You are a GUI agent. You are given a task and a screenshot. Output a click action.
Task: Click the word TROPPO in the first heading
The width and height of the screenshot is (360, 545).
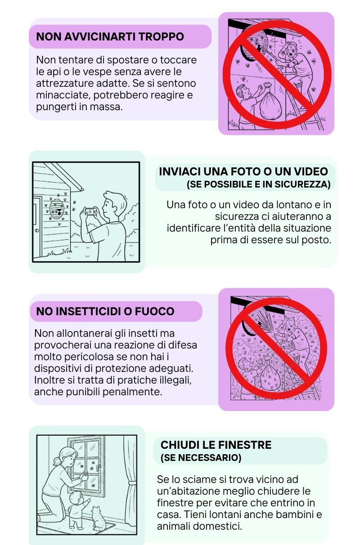coord(161,37)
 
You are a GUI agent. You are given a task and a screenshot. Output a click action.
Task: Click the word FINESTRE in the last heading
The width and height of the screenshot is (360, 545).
coord(244,445)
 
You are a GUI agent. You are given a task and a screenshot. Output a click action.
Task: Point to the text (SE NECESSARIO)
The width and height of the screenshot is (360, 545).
coord(201,458)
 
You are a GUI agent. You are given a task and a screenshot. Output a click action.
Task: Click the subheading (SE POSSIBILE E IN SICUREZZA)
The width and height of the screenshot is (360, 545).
coord(258,184)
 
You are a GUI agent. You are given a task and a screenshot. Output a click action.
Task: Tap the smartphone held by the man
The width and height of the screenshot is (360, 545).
coord(90,212)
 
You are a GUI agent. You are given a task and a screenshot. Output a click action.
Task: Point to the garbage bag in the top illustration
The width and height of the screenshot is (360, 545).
coord(270,102)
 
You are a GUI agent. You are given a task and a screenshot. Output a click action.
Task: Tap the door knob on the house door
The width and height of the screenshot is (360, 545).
coord(37,230)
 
